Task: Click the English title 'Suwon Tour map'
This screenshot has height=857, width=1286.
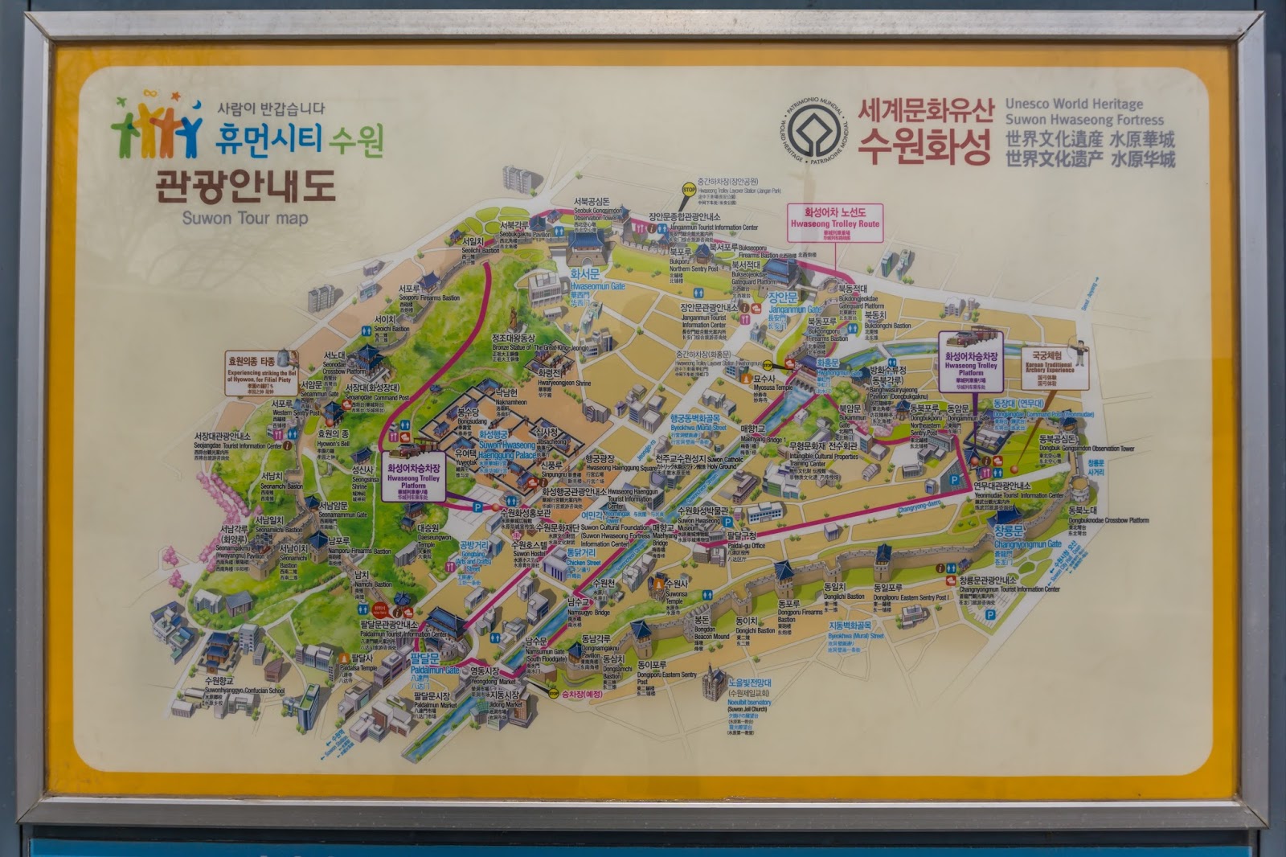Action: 244,218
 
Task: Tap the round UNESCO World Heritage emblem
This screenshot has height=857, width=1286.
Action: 813,130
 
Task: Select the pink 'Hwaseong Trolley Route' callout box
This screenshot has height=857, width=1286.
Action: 835,223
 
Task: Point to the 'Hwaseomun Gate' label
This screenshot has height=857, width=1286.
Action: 597,285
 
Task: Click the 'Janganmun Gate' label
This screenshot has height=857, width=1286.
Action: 795,309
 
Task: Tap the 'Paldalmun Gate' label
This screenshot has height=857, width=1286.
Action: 435,670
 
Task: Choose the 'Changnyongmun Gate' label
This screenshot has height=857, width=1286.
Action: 1027,544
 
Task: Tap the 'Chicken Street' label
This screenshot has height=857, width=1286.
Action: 584,563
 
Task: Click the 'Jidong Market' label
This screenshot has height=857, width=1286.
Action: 506,704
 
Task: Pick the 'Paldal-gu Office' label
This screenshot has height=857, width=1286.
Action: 746,545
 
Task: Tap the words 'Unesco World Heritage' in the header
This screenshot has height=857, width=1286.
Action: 1074,104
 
